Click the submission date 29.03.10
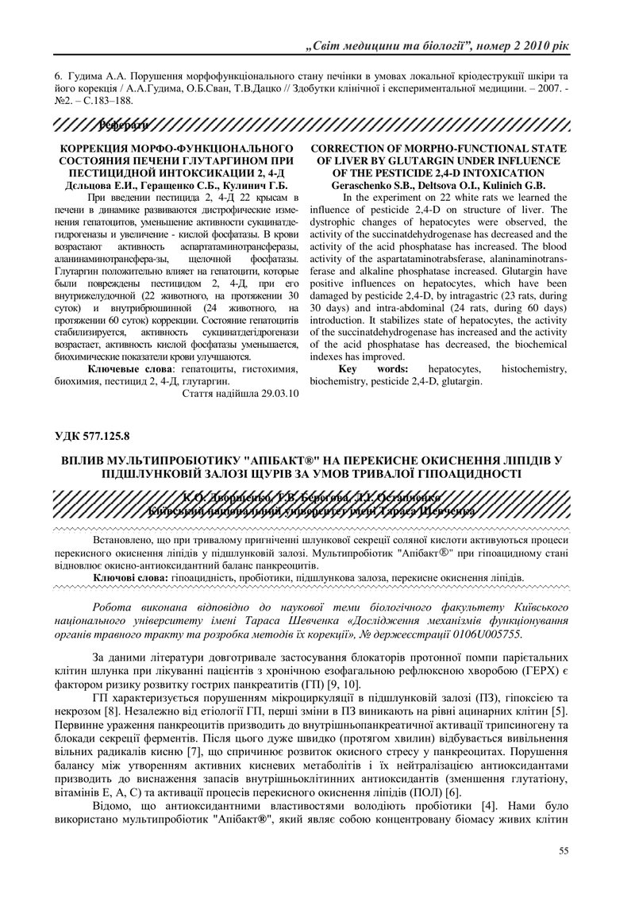click(x=275, y=393)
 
